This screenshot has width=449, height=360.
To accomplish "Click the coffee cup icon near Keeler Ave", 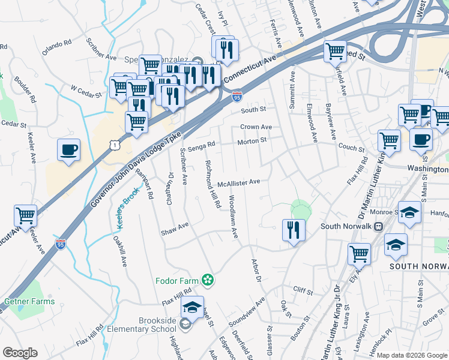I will [x=68, y=149].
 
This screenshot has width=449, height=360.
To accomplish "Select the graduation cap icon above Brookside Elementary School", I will [x=192, y=307].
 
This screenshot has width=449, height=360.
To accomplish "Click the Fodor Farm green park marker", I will [x=208, y=280].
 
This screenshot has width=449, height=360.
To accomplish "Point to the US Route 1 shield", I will [x=113, y=145].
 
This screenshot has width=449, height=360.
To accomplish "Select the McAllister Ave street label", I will [x=238, y=182].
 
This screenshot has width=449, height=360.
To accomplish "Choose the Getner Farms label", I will [x=29, y=302].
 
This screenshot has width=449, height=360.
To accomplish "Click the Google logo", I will [x=20, y=353].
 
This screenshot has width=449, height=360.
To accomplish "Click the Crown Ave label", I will [x=256, y=127].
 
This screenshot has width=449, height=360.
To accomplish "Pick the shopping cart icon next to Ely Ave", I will [x=359, y=253].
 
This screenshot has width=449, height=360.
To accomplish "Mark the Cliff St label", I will [x=303, y=292].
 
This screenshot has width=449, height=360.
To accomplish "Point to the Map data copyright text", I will [x=411, y=355].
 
